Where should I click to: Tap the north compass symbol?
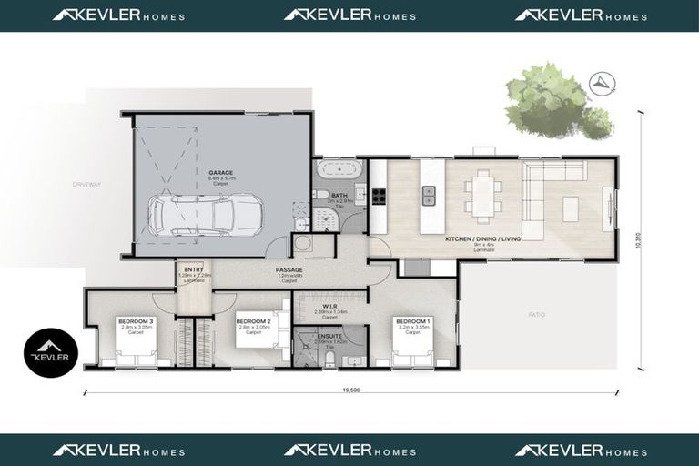click(601, 83)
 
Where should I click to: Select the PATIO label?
click(536, 315)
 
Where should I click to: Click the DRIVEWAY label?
click(87, 185)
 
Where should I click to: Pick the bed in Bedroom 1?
click(411, 349)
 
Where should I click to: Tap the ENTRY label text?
click(194, 269)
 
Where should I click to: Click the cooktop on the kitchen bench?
click(380, 194)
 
